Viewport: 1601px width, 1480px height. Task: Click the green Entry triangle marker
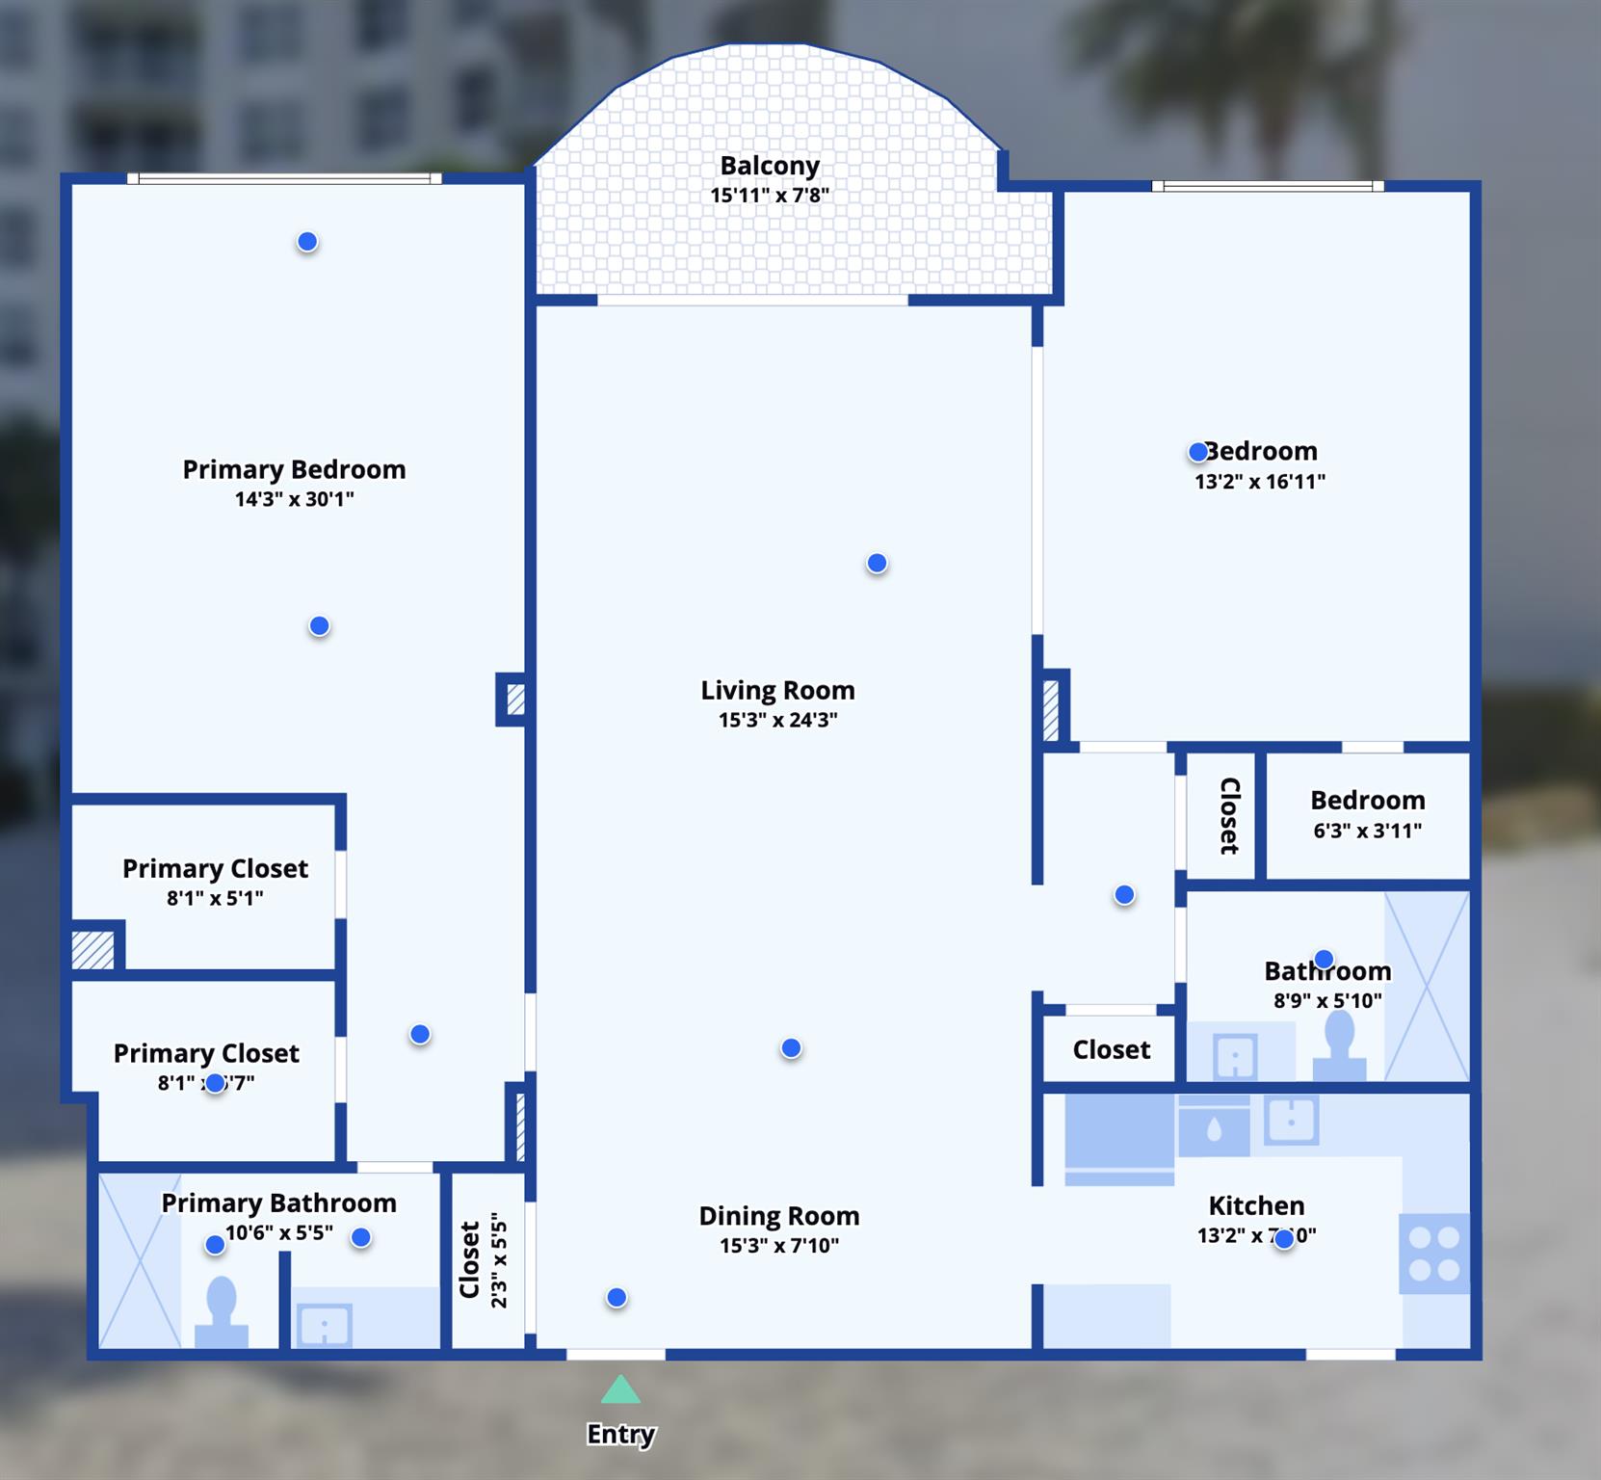[x=620, y=1389]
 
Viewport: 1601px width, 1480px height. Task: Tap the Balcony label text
[x=770, y=166]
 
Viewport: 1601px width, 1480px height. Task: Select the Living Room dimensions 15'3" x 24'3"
[x=777, y=720]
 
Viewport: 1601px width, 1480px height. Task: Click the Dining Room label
[x=778, y=1216]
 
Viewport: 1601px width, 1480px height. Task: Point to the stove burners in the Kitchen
[x=1434, y=1254]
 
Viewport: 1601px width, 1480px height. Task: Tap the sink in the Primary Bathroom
[x=326, y=1324]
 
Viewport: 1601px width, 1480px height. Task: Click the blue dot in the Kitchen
[x=1284, y=1239]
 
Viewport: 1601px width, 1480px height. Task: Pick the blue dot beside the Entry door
[x=617, y=1298]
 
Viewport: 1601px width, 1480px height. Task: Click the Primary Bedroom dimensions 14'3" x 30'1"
[x=294, y=499]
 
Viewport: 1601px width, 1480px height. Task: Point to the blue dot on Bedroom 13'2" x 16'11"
[x=1197, y=451]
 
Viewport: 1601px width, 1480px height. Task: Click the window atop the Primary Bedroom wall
[x=284, y=178]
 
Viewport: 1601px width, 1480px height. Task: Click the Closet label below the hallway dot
[x=1111, y=1049]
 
